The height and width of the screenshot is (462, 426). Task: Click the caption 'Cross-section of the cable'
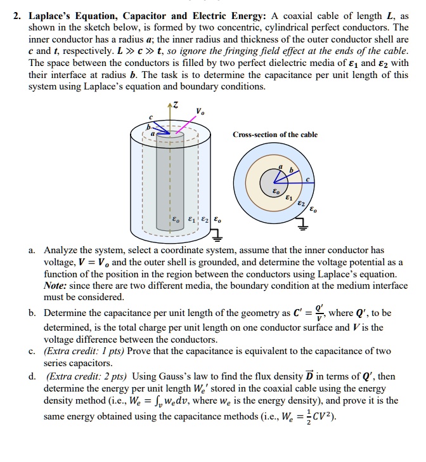point(275,135)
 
